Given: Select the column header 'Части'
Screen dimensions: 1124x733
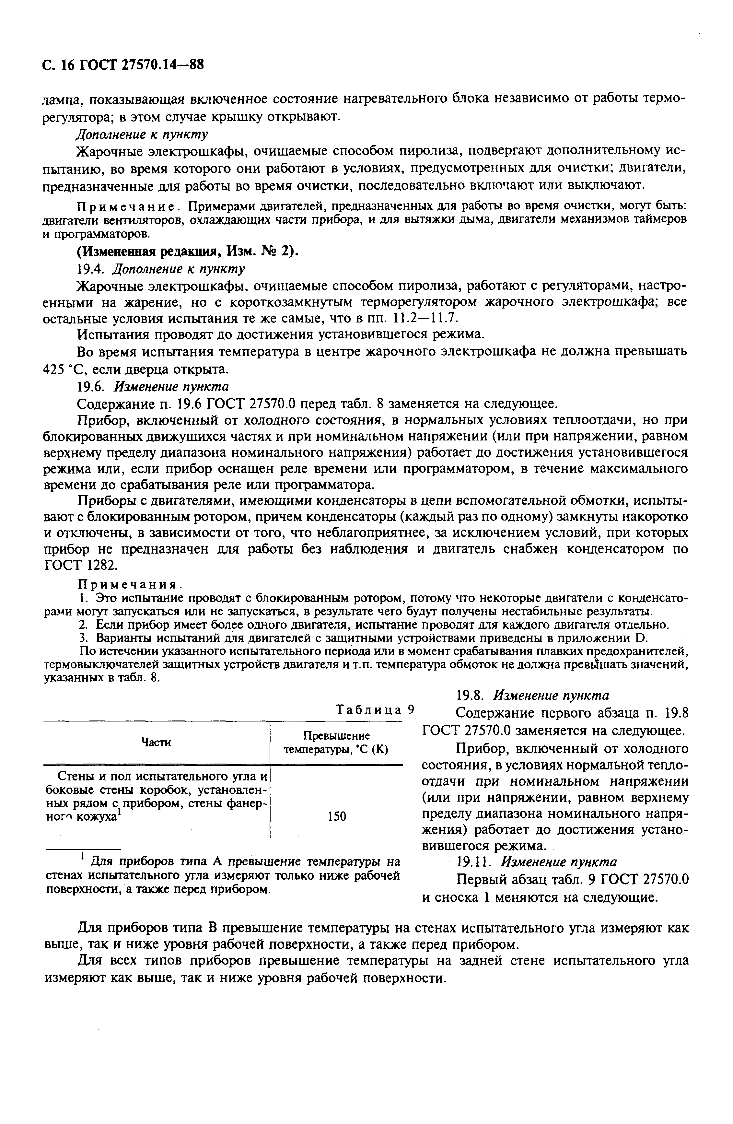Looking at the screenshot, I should [x=156, y=743].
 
